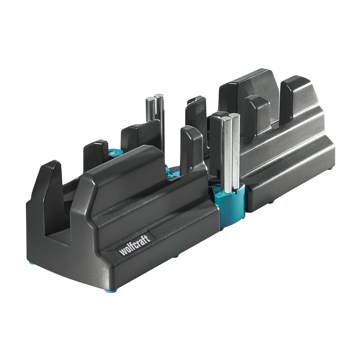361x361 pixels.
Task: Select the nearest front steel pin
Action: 226,154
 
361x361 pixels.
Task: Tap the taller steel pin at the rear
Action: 160,120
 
